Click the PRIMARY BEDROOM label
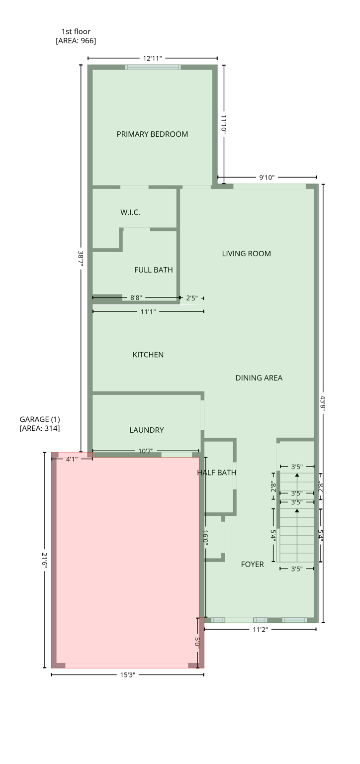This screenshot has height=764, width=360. point(152,134)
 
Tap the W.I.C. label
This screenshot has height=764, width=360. point(130,212)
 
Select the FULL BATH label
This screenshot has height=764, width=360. point(154,270)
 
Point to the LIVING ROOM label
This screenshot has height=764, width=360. point(247,254)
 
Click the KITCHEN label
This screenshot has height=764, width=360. point(148,355)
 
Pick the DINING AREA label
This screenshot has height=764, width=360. point(259,378)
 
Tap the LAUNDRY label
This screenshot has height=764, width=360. point(147,430)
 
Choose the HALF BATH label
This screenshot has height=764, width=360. point(217,473)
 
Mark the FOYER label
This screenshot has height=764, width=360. point(253,565)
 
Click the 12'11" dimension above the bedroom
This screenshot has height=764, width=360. point(153,59)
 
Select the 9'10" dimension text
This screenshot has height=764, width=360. point(267,178)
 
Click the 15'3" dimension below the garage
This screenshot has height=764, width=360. point(128,675)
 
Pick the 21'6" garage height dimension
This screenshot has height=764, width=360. point(45,561)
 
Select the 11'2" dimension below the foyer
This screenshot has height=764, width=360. point(261,630)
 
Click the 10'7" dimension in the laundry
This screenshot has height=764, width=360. point(146,452)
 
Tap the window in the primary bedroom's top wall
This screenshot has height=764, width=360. point(153,67)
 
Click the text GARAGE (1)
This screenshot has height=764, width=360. point(40,419)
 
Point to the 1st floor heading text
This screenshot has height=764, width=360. point(76,32)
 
